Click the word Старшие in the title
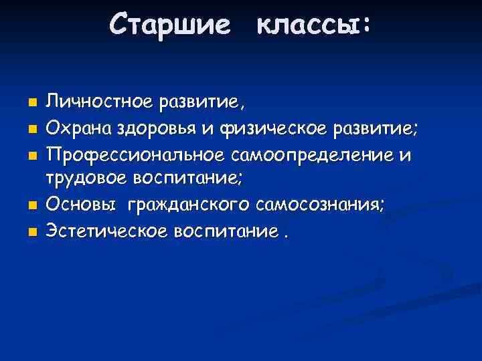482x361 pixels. click(x=171, y=25)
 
